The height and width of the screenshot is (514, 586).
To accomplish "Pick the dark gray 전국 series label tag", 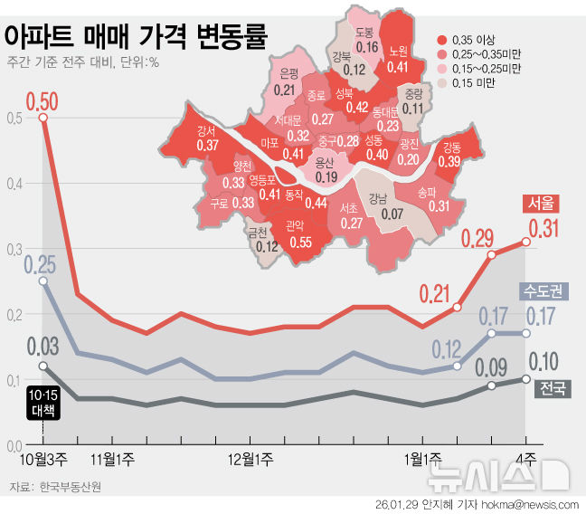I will coord(553,389).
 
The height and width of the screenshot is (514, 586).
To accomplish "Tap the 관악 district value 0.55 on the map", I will coord(301,243).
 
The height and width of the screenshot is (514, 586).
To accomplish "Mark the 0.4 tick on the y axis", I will coord(11,184).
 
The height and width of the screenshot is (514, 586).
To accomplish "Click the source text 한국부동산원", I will coord(71,487).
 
